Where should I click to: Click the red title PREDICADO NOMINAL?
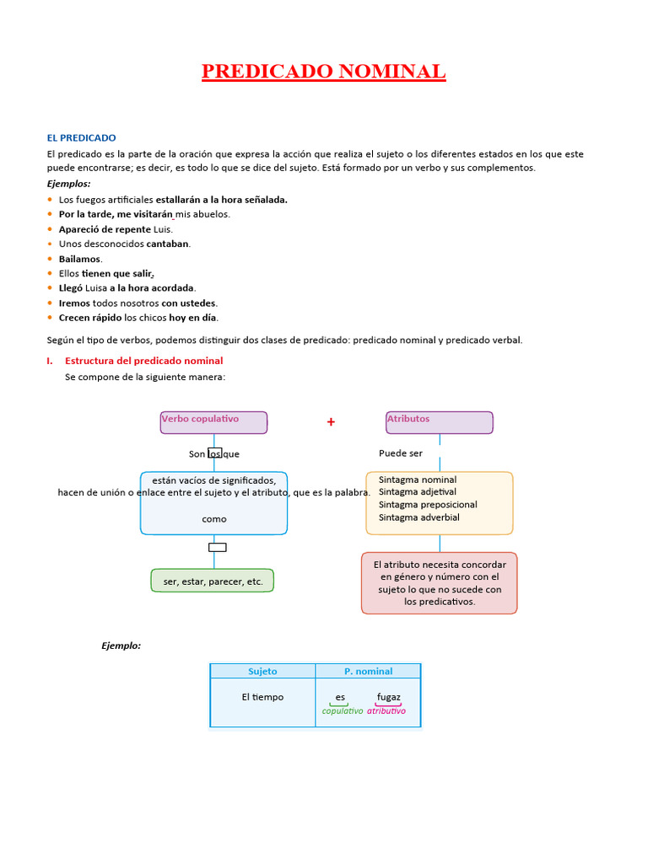(323, 72)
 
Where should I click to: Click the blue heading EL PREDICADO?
(81, 137)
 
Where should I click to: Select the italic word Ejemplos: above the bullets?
(68, 183)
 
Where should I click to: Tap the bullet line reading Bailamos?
(80, 259)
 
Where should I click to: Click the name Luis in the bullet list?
(162, 229)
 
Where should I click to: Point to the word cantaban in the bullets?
(168, 244)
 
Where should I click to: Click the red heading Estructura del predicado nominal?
(143, 361)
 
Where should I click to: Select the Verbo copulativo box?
(213, 421)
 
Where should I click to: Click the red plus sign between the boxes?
(331, 422)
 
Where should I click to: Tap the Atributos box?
(439, 421)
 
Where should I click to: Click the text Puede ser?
(401, 453)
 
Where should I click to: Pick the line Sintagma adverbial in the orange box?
(419, 517)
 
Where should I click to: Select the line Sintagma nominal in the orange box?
(418, 480)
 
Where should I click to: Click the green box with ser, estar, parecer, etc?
(213, 582)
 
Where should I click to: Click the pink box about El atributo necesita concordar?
(439, 583)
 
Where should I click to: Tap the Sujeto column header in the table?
(262, 671)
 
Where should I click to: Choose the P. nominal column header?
(368, 671)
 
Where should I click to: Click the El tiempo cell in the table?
(262, 697)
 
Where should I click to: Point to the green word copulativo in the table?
(343, 711)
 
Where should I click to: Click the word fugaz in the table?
(388, 697)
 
